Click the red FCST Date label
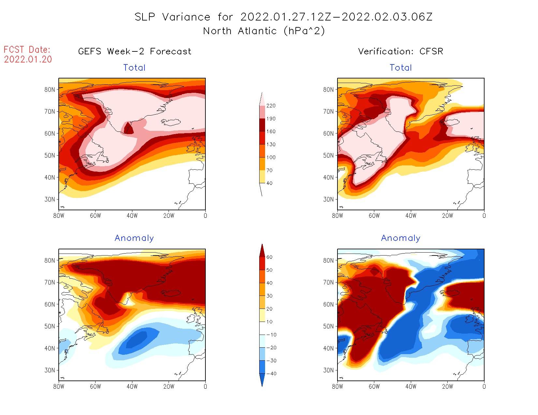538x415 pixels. point(27,50)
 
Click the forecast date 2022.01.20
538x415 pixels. point(28,60)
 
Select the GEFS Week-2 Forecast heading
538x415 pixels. point(135,51)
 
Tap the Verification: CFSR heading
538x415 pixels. point(400,51)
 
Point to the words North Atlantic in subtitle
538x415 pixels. point(240,31)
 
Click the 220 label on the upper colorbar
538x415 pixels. point(271,106)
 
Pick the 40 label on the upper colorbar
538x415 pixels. point(269,183)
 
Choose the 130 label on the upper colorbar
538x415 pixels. point(271,145)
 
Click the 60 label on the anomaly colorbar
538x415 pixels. point(269,257)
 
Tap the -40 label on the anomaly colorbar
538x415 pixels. point(271,374)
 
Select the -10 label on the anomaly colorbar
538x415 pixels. point(271,335)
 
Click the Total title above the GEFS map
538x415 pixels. point(134,68)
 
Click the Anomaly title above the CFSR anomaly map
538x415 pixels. point(401,238)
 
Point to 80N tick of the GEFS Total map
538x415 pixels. point(50,90)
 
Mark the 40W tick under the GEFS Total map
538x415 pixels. point(132,215)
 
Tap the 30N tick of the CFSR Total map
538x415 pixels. point(329,199)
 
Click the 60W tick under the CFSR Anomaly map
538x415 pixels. point(374,386)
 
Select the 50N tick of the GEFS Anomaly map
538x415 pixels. point(50,326)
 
